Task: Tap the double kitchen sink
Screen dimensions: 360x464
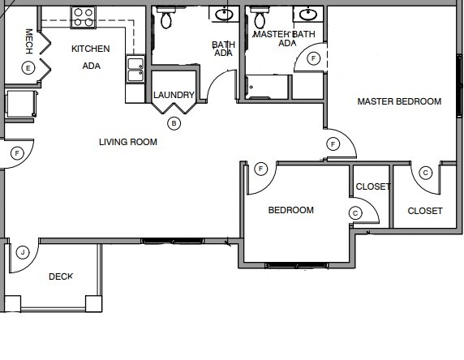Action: tap(135, 70)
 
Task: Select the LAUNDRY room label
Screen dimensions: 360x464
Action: tap(174, 95)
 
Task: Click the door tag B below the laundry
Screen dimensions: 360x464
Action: tap(174, 123)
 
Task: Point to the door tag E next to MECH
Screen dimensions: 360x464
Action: tap(28, 67)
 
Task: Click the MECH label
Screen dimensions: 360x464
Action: tap(29, 40)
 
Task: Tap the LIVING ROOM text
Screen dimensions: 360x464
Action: tap(128, 143)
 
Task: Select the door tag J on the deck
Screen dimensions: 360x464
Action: tap(24, 252)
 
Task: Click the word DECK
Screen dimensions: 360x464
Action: tap(61, 276)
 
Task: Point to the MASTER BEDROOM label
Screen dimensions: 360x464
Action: tap(400, 102)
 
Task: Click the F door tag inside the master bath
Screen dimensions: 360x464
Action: tap(314, 58)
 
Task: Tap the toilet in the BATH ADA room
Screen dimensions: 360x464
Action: tap(166, 18)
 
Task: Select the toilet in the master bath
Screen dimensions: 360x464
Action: tap(260, 18)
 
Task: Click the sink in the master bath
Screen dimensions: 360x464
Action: tap(307, 14)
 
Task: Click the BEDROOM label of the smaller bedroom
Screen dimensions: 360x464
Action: tap(290, 211)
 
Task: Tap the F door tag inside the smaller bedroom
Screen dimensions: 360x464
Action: tap(261, 169)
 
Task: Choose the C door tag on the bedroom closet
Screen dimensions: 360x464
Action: tap(354, 212)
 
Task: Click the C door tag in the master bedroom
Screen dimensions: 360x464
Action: tap(426, 172)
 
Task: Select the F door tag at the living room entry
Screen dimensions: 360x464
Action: tap(16, 152)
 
